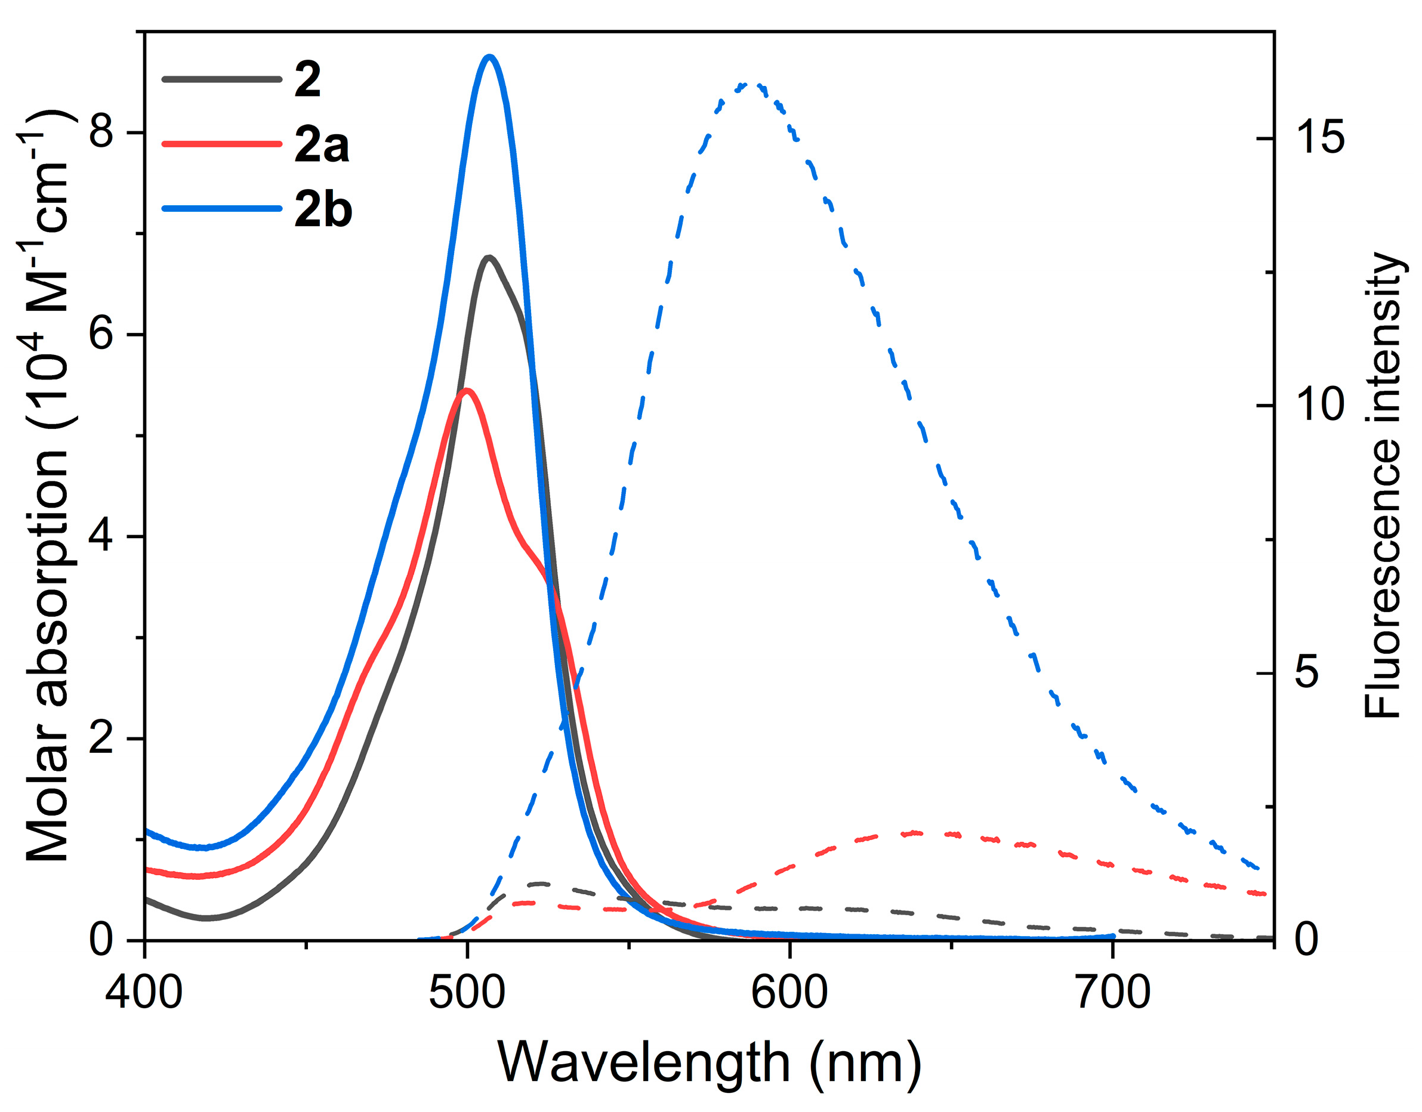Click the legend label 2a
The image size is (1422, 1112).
point(321,144)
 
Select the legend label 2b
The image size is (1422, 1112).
point(323,209)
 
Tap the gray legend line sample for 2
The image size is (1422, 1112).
point(221,79)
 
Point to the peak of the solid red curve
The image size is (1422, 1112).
point(466,391)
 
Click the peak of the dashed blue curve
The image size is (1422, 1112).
point(749,85)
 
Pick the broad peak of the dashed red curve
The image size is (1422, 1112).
point(924,833)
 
